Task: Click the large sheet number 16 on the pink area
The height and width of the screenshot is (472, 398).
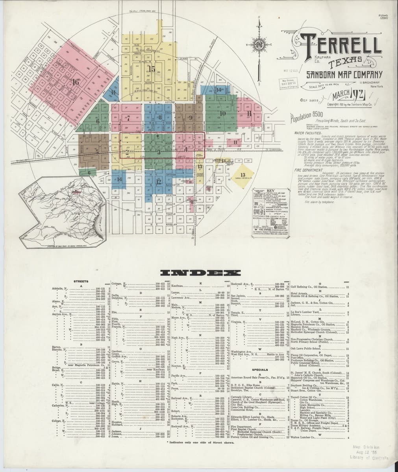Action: (x=76, y=82)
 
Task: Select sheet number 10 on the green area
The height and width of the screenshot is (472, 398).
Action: (x=223, y=114)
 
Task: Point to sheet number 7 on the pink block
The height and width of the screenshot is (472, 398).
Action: (x=128, y=118)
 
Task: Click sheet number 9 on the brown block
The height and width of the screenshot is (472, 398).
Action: (x=190, y=117)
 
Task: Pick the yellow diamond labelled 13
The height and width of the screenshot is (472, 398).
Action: (x=243, y=175)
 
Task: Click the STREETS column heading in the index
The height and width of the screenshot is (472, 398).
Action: (x=81, y=281)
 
